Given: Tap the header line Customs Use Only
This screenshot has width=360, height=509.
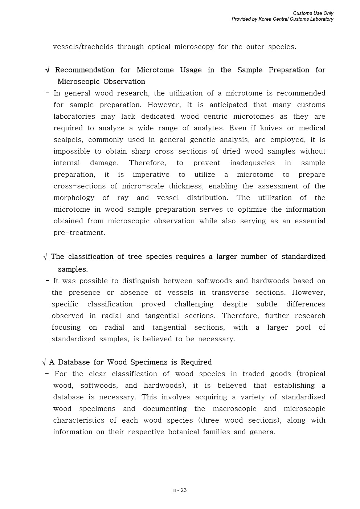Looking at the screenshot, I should pyautogui.click(x=313, y=13).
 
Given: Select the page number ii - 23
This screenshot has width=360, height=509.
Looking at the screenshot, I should pyautogui.click(x=180, y=490).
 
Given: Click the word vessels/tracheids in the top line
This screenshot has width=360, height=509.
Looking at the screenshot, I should pyautogui.click(x=83, y=47).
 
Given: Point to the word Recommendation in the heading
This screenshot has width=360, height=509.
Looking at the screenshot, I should pyautogui.click(x=85, y=70).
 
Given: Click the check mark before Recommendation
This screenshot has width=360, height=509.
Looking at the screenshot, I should pyautogui.click(x=48, y=70).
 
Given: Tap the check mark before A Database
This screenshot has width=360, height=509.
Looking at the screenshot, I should pyautogui.click(x=44, y=362).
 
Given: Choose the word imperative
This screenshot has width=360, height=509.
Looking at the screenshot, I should pyautogui.click(x=151, y=175).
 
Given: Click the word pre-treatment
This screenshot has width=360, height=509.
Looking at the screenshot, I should pyautogui.click(x=79, y=233).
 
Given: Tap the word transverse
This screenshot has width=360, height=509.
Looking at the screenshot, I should pyautogui.click(x=230, y=293).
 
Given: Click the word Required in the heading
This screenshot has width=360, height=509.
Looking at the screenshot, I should pyautogui.click(x=196, y=362).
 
